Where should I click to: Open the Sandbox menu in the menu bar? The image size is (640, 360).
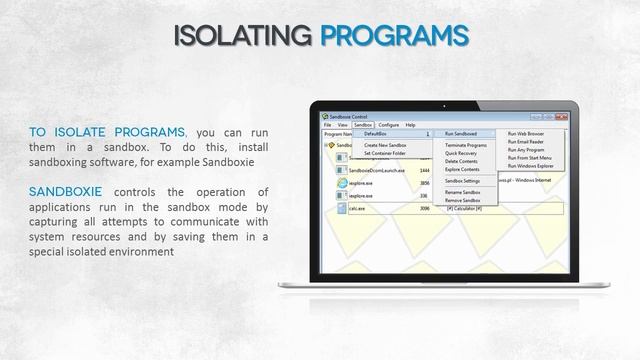pyautogui.click(x=362, y=125)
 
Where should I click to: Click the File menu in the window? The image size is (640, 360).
pyautogui.click(x=327, y=125)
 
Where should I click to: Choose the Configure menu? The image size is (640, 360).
pyautogui.click(x=388, y=125)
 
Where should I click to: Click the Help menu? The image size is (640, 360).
pyautogui.click(x=410, y=125)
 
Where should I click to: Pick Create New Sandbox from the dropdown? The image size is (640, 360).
pyautogui.click(x=385, y=145)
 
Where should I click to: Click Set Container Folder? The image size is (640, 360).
pyautogui.click(x=385, y=153)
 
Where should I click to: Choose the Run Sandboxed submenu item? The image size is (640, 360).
pyautogui.click(x=461, y=133)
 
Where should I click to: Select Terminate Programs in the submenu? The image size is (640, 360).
pyautogui.click(x=466, y=145)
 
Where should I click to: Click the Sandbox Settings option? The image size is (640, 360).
pyautogui.click(x=463, y=180)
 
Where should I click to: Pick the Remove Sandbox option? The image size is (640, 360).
pyautogui.click(x=463, y=200)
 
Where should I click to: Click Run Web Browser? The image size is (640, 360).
pyautogui.click(x=526, y=133)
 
